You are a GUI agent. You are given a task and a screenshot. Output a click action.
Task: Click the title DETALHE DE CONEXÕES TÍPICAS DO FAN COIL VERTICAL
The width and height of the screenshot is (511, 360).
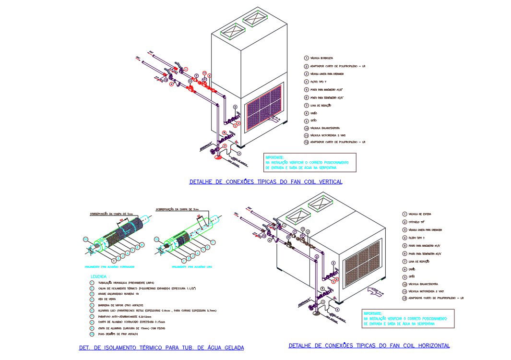(x=266, y=182)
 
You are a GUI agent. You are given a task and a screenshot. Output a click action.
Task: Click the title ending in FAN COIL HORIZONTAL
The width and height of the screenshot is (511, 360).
(x=369, y=346)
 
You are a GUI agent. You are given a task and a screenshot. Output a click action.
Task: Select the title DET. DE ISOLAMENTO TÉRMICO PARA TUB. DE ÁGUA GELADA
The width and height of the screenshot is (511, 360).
(x=161, y=348)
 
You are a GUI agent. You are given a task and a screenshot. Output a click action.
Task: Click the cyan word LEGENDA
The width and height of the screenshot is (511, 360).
(x=99, y=277)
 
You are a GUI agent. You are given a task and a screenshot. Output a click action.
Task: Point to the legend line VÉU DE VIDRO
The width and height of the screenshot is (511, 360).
(x=105, y=299)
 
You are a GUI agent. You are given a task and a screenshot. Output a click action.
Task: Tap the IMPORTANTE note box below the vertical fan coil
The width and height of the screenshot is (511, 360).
(x=310, y=163)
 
